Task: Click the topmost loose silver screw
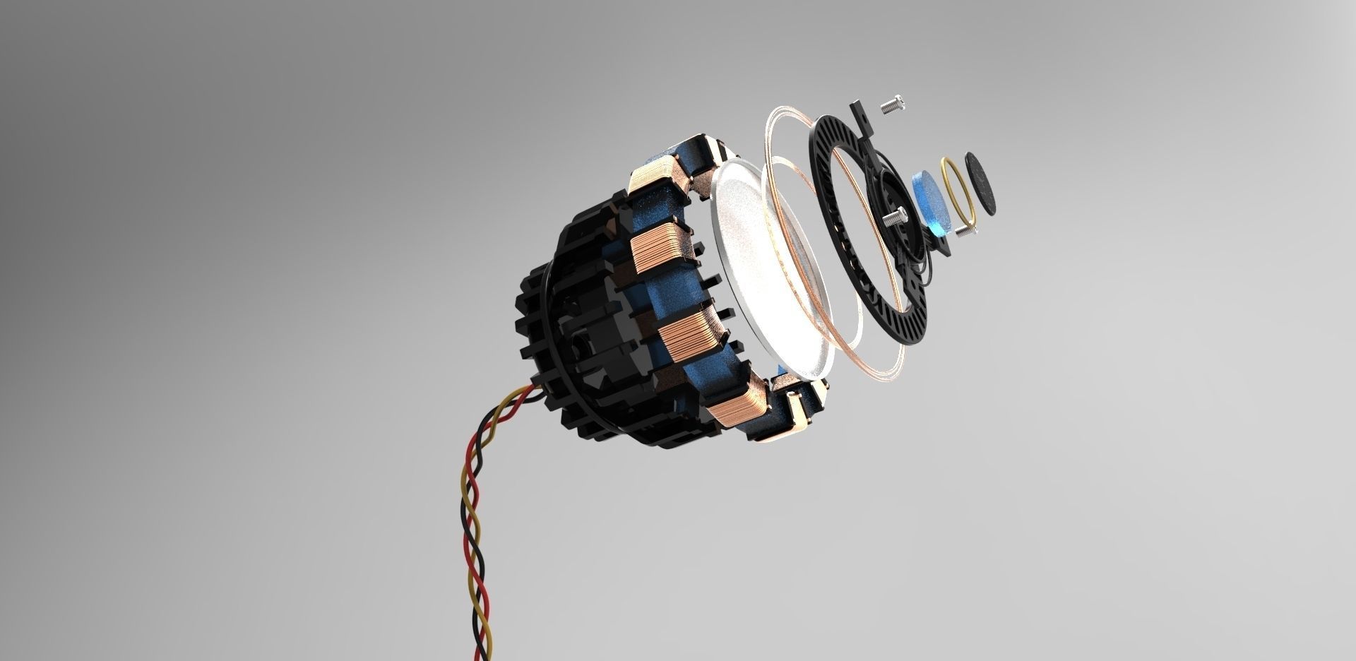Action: pos(893,104)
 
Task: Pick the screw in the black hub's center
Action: pos(896,215)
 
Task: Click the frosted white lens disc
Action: pos(770,268)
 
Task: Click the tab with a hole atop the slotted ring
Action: pos(860,111)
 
